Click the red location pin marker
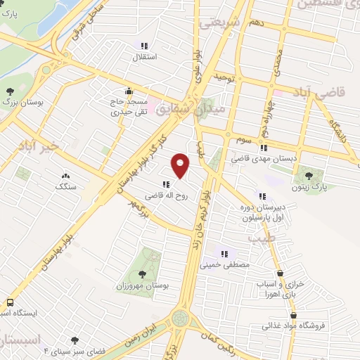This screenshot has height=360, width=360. (181, 165)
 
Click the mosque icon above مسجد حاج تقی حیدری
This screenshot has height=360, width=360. (128, 91)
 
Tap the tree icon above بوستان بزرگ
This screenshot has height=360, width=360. (10, 91)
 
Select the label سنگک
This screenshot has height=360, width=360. (65, 188)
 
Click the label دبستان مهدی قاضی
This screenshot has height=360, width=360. (264, 159)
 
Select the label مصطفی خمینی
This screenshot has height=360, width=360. (223, 266)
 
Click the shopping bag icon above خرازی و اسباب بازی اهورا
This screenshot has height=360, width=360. (281, 274)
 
